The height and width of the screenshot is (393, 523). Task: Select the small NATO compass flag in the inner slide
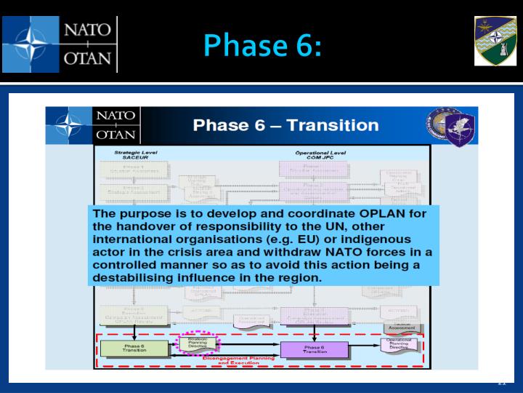point(68,125)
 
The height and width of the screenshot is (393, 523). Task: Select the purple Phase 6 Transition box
point(313,350)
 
